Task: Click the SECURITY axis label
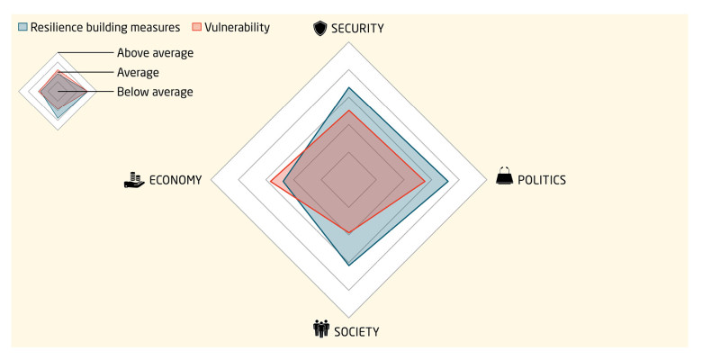[x=358, y=29]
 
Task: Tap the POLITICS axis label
[x=542, y=179]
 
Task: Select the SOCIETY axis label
[x=356, y=331]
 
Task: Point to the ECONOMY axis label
[x=175, y=179]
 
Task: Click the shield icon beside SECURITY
[x=319, y=29]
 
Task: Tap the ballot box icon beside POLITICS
[x=505, y=177]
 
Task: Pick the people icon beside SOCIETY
[x=321, y=329]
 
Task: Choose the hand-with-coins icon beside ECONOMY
[x=135, y=179]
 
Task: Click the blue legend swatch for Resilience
[x=22, y=27]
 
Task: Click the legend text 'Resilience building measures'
[x=105, y=27]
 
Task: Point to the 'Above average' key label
[x=155, y=53]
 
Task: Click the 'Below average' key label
[x=155, y=92]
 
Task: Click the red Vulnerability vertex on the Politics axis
[x=425, y=180]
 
